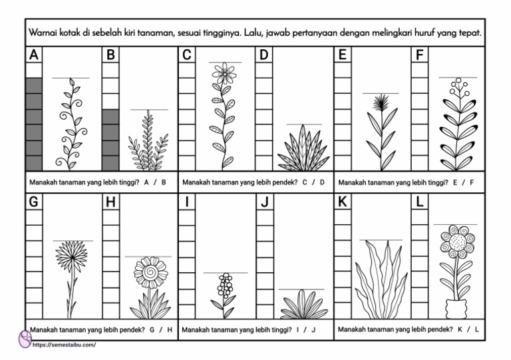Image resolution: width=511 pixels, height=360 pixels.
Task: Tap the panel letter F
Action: tap(419, 55)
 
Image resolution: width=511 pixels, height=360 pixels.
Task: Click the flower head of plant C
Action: tap(225, 73)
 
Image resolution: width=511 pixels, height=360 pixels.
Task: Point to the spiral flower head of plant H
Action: tap(150, 271)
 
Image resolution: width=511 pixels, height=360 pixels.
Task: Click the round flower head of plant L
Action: tap(457, 242)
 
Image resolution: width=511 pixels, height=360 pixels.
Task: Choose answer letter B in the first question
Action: tap(164, 182)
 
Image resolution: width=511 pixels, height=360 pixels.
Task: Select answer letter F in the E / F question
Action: tap(472, 182)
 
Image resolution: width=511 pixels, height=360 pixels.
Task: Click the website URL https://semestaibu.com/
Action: tap(64, 345)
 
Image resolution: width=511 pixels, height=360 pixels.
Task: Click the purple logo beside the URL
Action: tap(25, 340)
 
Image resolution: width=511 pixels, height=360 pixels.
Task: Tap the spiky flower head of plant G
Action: tap(72, 256)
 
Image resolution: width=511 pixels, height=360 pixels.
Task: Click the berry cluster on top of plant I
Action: tap(226, 285)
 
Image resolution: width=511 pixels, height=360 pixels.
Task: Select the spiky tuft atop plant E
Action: tap(381, 104)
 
